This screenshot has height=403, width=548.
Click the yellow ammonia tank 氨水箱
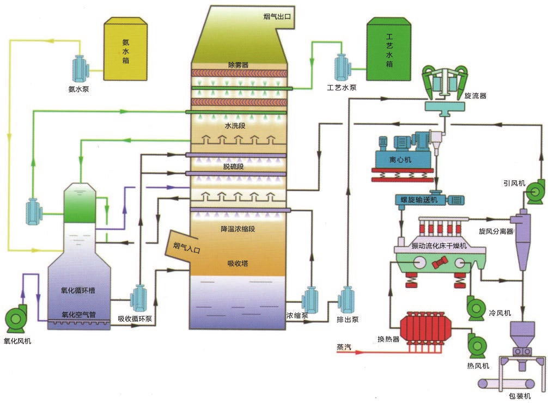click(126, 48)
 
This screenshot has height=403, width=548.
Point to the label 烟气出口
click(277, 16)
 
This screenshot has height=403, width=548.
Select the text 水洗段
click(236, 125)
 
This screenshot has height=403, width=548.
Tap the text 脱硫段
click(233, 167)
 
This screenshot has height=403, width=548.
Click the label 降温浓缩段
click(238, 229)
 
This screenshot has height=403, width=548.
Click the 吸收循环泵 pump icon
click(139, 299)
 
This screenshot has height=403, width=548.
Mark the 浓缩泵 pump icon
click(311, 300)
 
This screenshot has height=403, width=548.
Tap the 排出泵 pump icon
click(346, 300)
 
